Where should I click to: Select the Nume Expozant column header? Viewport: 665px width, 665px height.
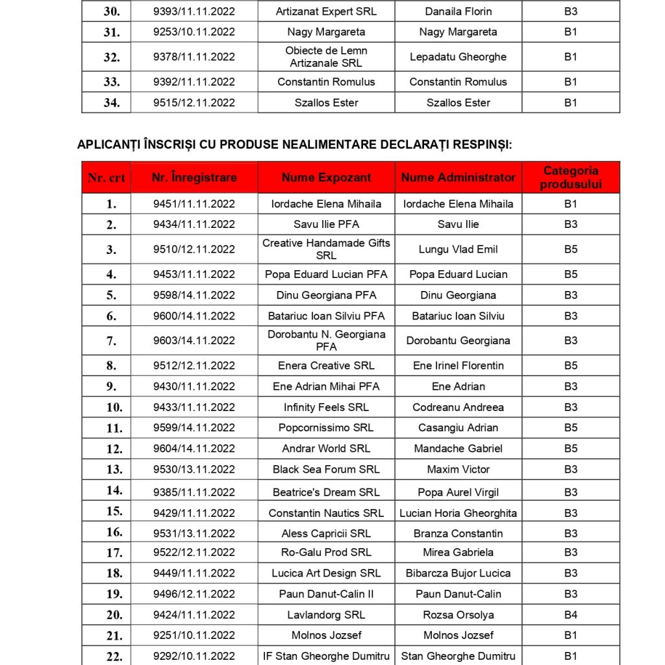tap(326, 177)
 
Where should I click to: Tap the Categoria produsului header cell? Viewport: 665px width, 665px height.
tap(571, 177)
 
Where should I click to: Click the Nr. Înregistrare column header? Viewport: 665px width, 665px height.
tap(194, 177)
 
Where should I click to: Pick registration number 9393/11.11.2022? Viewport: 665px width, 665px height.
tap(194, 11)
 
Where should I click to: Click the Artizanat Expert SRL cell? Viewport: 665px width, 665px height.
tap(326, 11)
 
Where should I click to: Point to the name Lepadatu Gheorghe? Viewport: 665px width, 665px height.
tap(458, 56)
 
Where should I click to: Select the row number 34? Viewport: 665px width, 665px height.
tap(112, 103)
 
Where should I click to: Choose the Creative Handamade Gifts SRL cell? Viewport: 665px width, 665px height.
tap(326, 249)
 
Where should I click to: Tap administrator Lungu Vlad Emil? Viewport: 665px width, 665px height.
tap(458, 249)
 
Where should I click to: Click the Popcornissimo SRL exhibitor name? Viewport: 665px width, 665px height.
tap(326, 427)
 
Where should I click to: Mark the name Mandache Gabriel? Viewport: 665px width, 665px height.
tap(458, 448)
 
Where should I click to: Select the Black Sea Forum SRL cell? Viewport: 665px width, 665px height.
tap(326, 469)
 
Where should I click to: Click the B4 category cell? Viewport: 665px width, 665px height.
tap(571, 614)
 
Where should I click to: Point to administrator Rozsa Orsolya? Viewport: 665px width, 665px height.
tap(458, 614)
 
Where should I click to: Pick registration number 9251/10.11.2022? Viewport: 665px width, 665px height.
tap(194, 635)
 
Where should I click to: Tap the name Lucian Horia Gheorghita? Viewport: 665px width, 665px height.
tap(458, 513)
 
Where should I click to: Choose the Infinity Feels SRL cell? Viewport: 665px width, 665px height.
tap(326, 407)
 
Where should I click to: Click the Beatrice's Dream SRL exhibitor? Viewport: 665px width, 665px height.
tap(326, 492)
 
